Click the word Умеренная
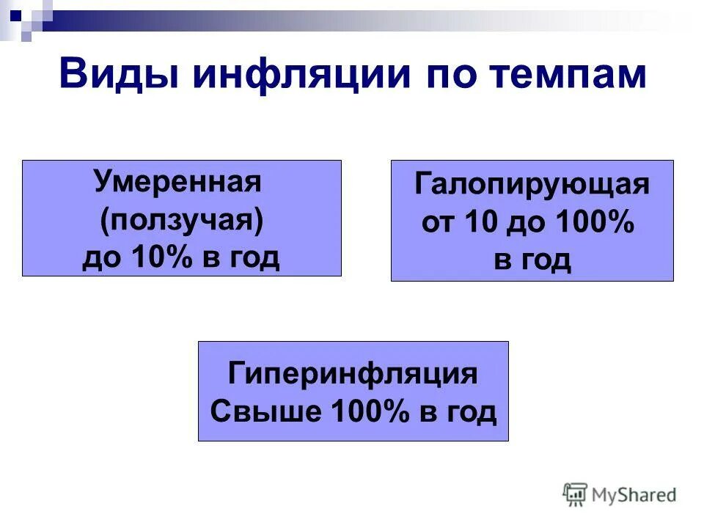click(177, 181)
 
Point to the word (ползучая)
click(181, 219)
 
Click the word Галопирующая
click(532, 184)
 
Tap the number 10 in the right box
click(483, 222)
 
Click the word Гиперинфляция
click(353, 373)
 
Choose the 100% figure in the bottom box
click(370, 411)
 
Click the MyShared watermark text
click(635, 495)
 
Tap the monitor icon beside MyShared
click(576, 495)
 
